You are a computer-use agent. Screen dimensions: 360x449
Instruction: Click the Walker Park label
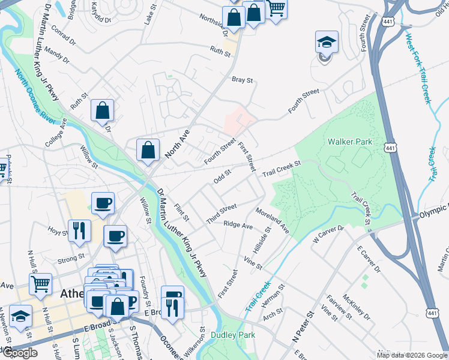coord(350,142)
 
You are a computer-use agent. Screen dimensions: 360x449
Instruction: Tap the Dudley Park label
coord(232,335)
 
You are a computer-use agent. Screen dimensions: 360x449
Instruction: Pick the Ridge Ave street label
coord(238,225)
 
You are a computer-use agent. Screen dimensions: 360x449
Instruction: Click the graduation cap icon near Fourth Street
coord(327,44)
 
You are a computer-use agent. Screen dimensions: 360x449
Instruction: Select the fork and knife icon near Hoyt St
coord(79,230)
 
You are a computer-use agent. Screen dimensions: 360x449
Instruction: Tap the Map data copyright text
coord(412,355)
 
